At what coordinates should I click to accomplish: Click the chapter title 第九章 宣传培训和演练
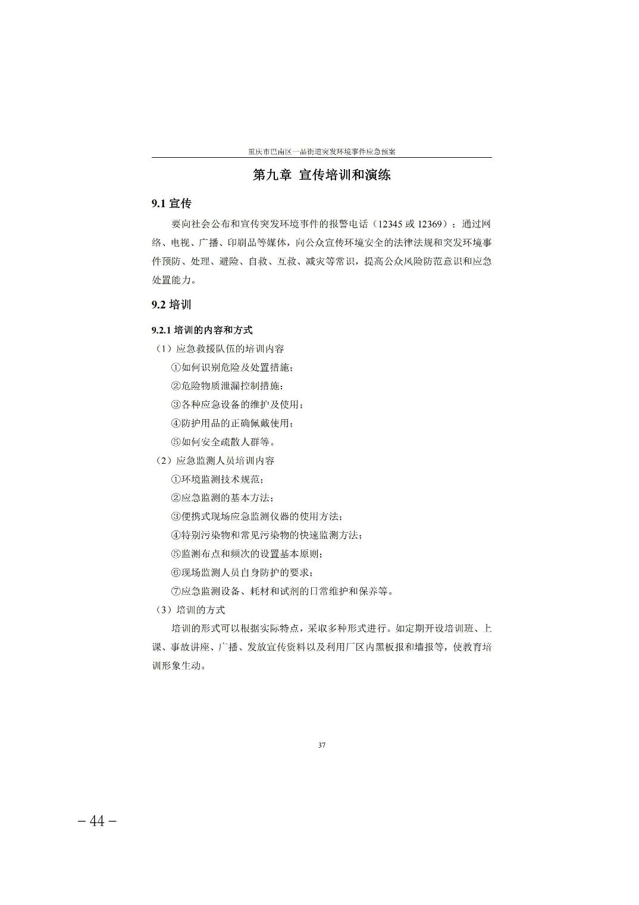point(321,176)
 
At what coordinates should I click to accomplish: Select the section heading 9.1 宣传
point(171,204)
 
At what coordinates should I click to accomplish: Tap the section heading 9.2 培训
point(171,305)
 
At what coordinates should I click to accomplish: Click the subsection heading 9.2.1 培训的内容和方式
point(202,330)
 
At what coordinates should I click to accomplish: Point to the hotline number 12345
point(390,224)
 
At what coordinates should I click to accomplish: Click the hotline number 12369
point(430,224)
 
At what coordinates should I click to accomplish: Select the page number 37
point(322,745)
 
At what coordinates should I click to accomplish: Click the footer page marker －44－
point(97,821)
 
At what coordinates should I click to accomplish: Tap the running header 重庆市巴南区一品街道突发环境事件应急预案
point(322,152)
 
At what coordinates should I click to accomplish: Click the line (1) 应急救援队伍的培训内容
point(219,349)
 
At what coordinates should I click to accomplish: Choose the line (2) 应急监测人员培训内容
point(214,461)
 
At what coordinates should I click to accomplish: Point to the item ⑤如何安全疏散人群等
point(223,442)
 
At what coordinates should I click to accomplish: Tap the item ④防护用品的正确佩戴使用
point(232,423)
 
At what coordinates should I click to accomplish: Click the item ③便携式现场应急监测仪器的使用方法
point(256,516)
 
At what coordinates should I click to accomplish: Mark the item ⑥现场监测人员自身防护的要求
point(242,572)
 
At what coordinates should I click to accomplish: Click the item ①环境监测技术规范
point(217,479)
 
